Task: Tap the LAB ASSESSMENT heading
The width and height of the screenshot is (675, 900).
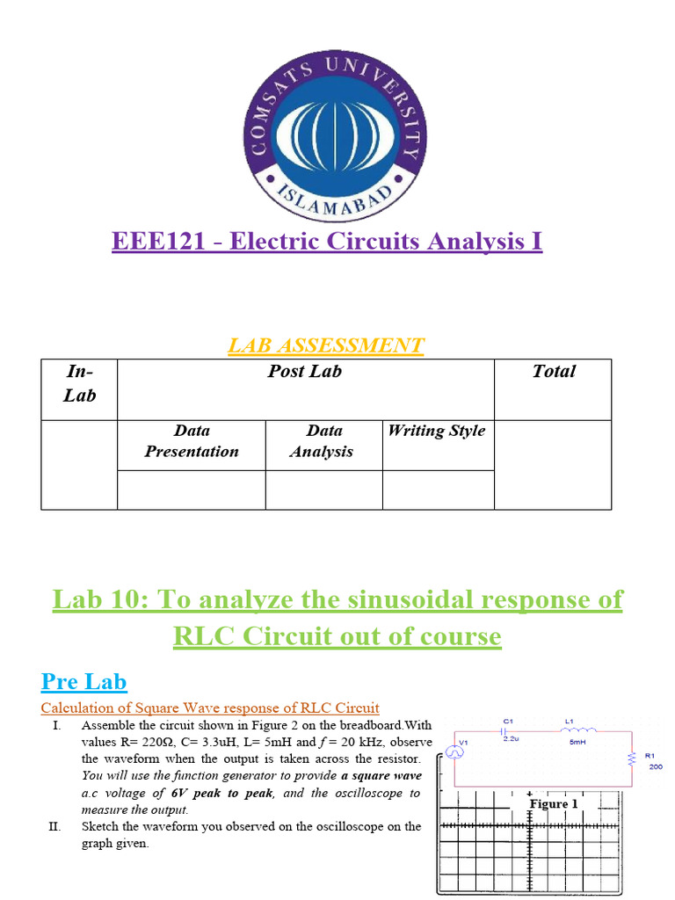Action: coord(325,345)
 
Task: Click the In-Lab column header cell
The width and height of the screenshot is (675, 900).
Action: coord(79,383)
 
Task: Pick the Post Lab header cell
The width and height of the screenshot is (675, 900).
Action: coord(305,372)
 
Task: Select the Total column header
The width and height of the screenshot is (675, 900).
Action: coord(553,372)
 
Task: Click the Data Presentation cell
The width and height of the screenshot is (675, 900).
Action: coord(192,441)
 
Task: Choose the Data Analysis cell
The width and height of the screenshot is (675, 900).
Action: coord(323,441)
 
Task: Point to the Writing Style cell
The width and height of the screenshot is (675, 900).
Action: coord(437,431)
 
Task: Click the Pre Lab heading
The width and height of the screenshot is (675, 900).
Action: coord(84,681)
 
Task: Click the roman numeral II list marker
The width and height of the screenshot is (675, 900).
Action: coord(54,826)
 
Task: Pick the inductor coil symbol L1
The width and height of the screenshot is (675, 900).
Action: coord(579,729)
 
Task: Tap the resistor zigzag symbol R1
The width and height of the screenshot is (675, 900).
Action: coord(631,758)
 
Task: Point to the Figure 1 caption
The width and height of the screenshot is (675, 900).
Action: coord(554,804)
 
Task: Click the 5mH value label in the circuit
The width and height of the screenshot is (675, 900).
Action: coord(577,741)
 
